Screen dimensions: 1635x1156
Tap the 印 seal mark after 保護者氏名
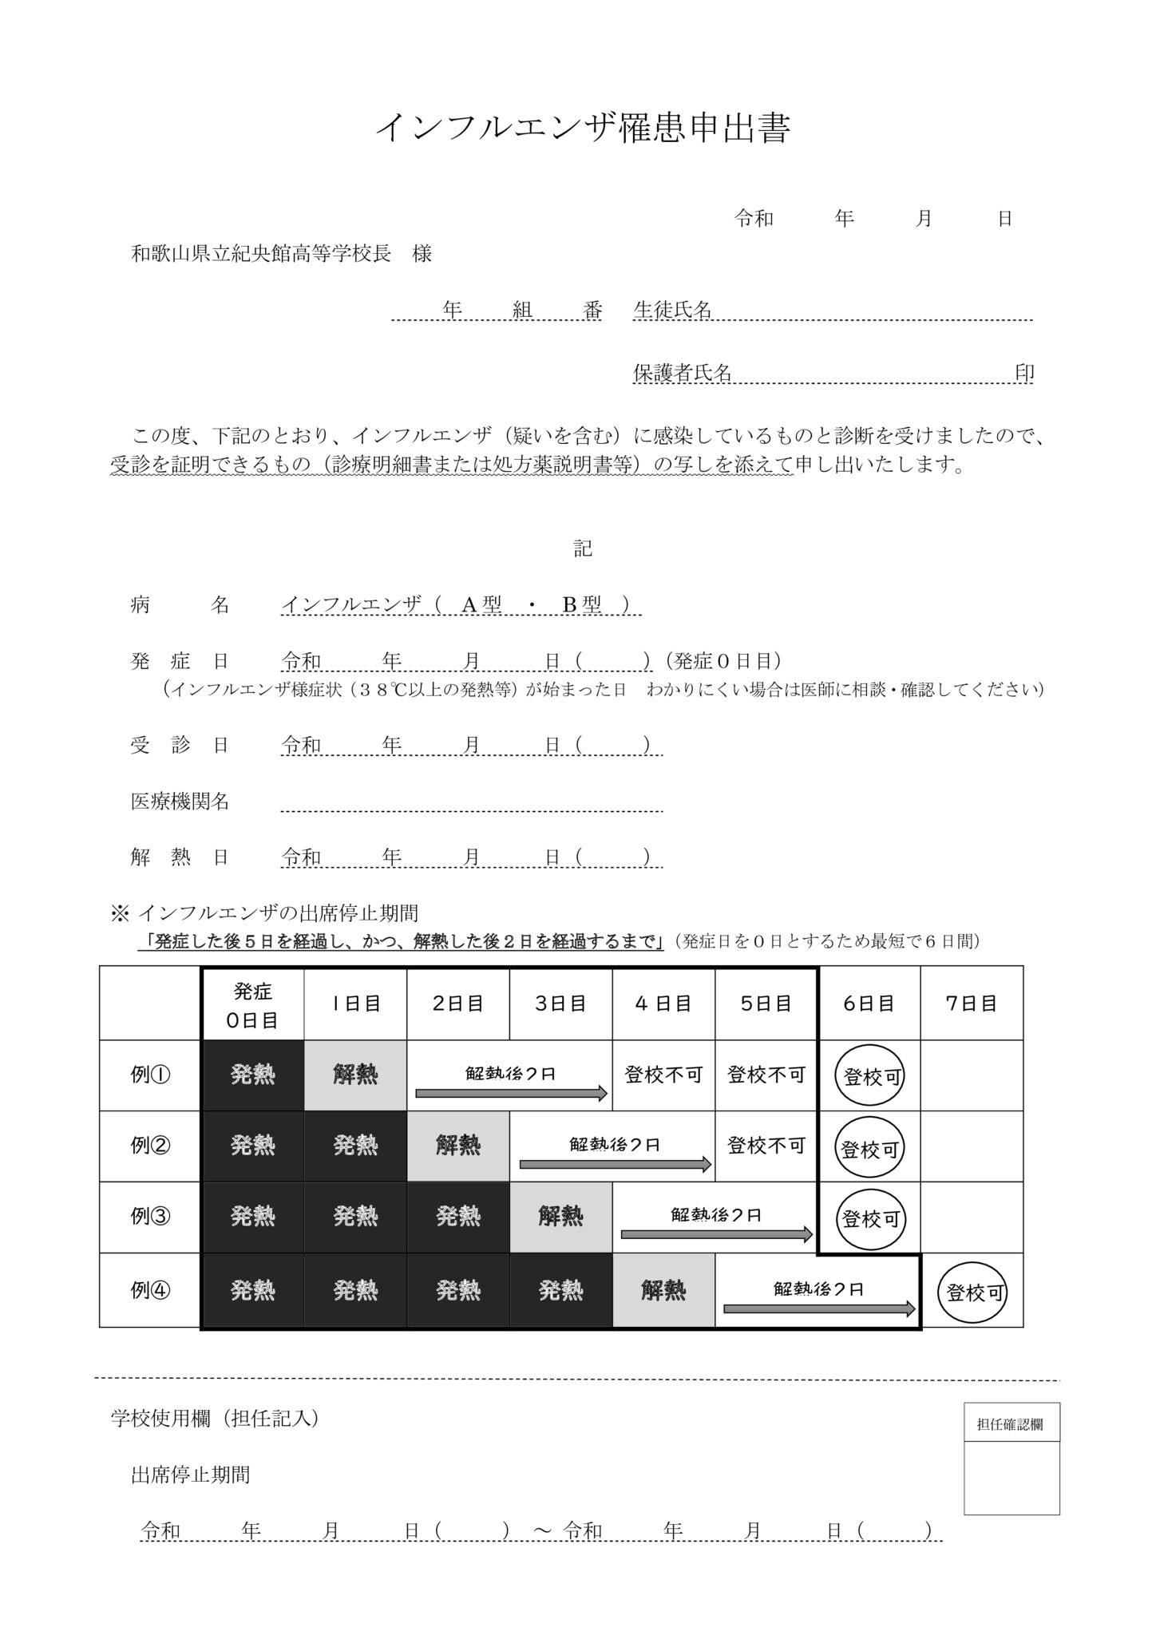(x=1024, y=373)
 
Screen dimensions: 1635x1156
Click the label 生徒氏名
(x=672, y=310)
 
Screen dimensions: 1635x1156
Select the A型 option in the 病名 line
(x=481, y=605)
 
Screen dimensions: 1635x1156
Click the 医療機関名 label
(x=180, y=802)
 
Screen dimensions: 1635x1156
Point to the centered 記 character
(x=583, y=548)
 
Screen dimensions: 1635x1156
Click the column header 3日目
(x=560, y=1004)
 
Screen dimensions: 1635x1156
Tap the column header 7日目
(x=972, y=1004)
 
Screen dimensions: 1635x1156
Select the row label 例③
(x=150, y=1217)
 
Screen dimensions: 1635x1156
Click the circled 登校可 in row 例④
(x=972, y=1292)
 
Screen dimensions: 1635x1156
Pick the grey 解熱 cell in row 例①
(x=355, y=1075)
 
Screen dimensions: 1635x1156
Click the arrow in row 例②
(x=615, y=1165)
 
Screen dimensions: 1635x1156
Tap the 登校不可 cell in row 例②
(x=766, y=1146)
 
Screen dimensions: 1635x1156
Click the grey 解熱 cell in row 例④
(x=663, y=1290)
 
